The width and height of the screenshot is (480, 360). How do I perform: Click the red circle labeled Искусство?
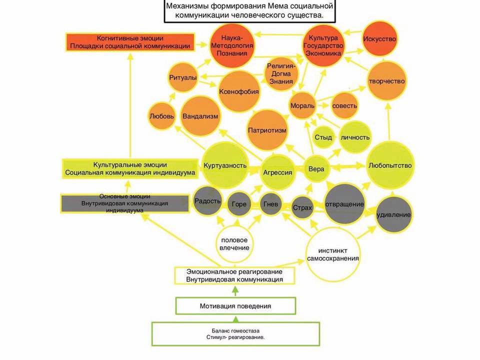point(381,39)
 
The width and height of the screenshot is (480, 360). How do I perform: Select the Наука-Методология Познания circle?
point(231,45)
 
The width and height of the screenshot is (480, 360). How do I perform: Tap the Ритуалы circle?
point(182,77)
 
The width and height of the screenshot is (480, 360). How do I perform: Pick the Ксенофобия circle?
point(238,91)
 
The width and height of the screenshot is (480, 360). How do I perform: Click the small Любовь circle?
point(162,116)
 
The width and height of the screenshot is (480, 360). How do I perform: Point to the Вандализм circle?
point(200,116)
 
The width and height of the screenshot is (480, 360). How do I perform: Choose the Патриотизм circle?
point(267,130)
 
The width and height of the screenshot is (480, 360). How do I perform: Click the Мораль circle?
point(302,106)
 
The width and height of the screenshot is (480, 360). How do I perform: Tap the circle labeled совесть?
point(345,106)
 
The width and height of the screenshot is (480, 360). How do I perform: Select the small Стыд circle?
point(323,137)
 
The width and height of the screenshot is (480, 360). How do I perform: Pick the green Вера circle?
point(316,169)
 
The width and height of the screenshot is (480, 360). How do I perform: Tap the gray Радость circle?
point(207,201)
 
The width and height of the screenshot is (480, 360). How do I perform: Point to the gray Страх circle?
point(302,207)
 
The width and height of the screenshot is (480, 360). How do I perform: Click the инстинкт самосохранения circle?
point(332,253)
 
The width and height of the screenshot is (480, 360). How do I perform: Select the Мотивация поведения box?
point(235,305)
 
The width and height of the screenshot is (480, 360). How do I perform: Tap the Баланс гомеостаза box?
point(235,334)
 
